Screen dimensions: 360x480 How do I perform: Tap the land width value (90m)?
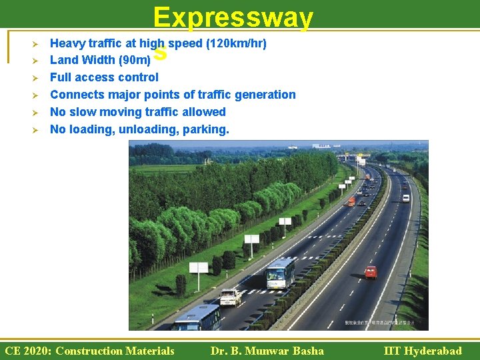(x=139, y=61)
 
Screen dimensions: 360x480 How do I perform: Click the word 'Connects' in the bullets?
(x=75, y=95)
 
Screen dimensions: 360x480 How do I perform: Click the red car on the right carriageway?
(x=371, y=271)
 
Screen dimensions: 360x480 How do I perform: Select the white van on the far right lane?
(x=405, y=197)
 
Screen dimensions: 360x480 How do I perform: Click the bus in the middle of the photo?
(x=280, y=272)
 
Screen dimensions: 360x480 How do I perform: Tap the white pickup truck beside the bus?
(x=230, y=297)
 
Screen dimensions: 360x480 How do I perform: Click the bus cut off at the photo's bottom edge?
(x=197, y=318)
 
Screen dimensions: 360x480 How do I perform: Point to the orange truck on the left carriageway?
(x=351, y=201)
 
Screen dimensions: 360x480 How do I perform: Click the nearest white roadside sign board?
(x=199, y=267)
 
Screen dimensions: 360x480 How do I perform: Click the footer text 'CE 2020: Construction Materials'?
(x=89, y=351)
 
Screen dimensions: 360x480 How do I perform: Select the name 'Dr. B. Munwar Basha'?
(x=267, y=351)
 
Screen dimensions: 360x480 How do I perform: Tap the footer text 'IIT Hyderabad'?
(x=423, y=351)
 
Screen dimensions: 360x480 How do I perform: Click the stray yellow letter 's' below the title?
(x=160, y=53)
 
